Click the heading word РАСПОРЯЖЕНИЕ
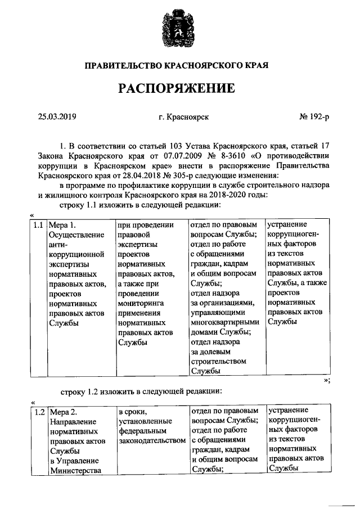pyautogui.click(x=179, y=89)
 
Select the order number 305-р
pyautogui.click(x=155, y=175)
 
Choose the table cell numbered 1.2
pyautogui.click(x=38, y=412)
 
